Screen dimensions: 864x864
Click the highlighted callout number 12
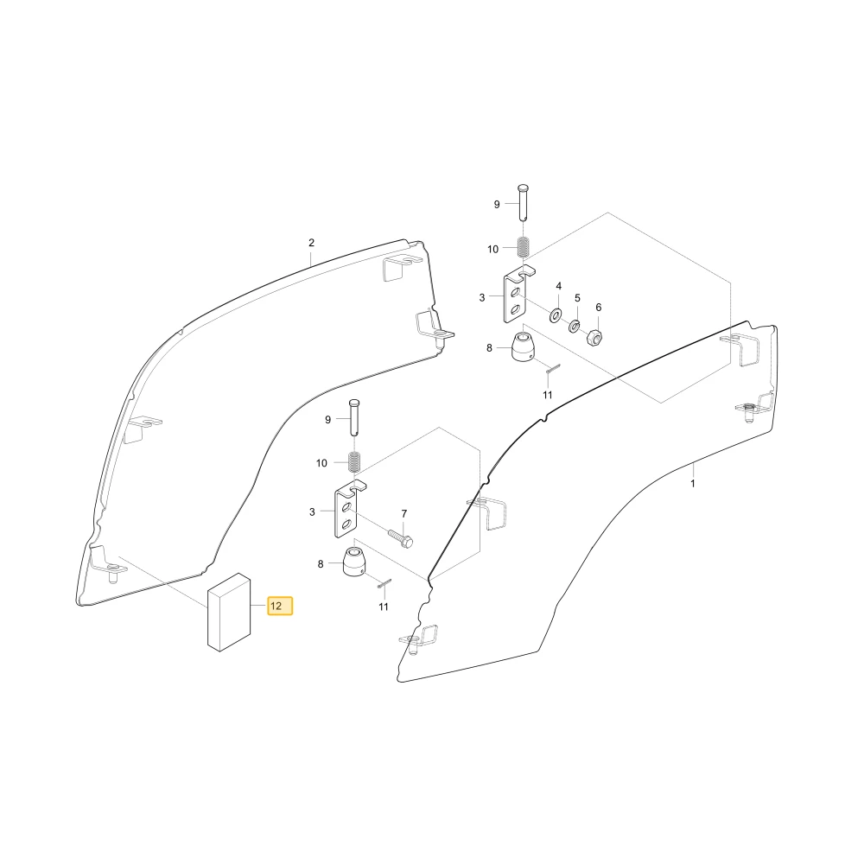[280, 607]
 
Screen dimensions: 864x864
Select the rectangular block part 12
[229, 613]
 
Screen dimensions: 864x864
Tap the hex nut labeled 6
[594, 335]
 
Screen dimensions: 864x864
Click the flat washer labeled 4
[555, 316]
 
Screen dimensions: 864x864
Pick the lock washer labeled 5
[574, 326]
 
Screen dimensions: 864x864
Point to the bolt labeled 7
[401, 538]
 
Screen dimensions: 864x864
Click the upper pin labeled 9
[523, 202]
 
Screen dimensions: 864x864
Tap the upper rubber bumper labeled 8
[523, 347]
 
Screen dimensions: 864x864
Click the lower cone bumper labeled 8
[353, 562]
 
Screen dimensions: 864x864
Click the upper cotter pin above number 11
[554, 369]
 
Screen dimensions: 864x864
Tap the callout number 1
[693, 484]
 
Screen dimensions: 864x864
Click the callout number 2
[311, 243]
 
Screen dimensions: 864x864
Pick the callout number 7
[403, 513]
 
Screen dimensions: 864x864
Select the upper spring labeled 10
[524, 246]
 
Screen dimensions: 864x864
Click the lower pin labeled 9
[353, 417]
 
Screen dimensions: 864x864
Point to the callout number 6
[599, 308]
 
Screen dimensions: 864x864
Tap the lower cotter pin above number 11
[384, 583]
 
